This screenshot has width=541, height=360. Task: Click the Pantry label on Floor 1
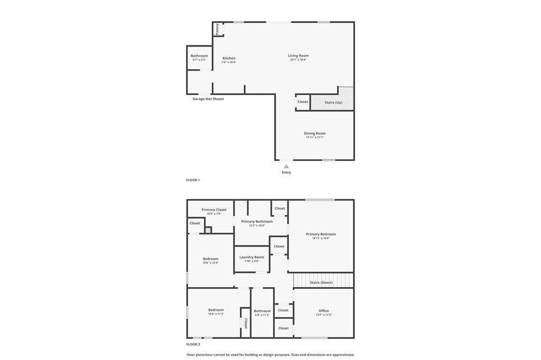click(217, 29)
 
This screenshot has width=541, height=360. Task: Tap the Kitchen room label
click(229, 58)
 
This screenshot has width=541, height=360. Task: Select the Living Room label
click(298, 55)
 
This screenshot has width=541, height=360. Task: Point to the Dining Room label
click(314, 134)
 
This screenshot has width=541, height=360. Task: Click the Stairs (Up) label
click(333, 102)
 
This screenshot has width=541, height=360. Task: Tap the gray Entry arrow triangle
click(286, 166)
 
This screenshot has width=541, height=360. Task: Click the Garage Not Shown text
click(208, 99)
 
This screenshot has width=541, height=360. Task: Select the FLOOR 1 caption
click(193, 180)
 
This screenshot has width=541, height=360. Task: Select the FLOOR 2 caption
click(193, 344)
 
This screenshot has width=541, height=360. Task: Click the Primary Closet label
click(214, 210)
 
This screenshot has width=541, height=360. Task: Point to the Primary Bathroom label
click(257, 222)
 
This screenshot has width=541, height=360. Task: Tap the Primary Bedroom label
click(321, 234)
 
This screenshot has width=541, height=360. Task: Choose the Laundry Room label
click(251, 257)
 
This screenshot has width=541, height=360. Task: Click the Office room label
click(324, 311)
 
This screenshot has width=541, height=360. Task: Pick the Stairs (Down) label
click(321, 282)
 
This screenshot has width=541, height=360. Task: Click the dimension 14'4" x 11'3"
click(216, 314)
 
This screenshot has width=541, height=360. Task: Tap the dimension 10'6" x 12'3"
click(210, 263)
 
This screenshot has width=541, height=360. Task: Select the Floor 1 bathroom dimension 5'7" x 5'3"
click(199, 60)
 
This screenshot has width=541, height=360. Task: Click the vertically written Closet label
click(246, 323)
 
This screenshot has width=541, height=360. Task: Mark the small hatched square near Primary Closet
click(208, 230)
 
